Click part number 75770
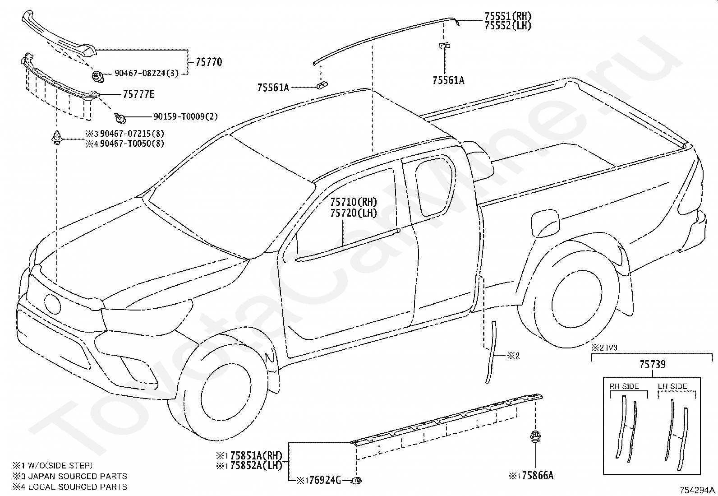tap(209, 62)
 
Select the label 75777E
tap(139, 94)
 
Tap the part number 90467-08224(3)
tap(147, 74)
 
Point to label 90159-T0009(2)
tap(186, 116)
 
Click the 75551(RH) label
tap(508, 16)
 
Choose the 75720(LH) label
tap(354, 213)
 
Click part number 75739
tap(652, 365)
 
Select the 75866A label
tap(538, 476)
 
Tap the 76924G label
tap(325, 480)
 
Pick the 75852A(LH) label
tap(256, 465)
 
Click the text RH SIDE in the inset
tap(624, 386)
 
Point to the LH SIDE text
tap(672, 386)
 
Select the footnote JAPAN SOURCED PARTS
tap(78, 476)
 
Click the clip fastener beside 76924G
tap(357, 480)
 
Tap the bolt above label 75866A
tap(535, 437)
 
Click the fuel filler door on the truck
tap(546, 223)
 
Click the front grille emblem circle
tap(52, 303)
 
